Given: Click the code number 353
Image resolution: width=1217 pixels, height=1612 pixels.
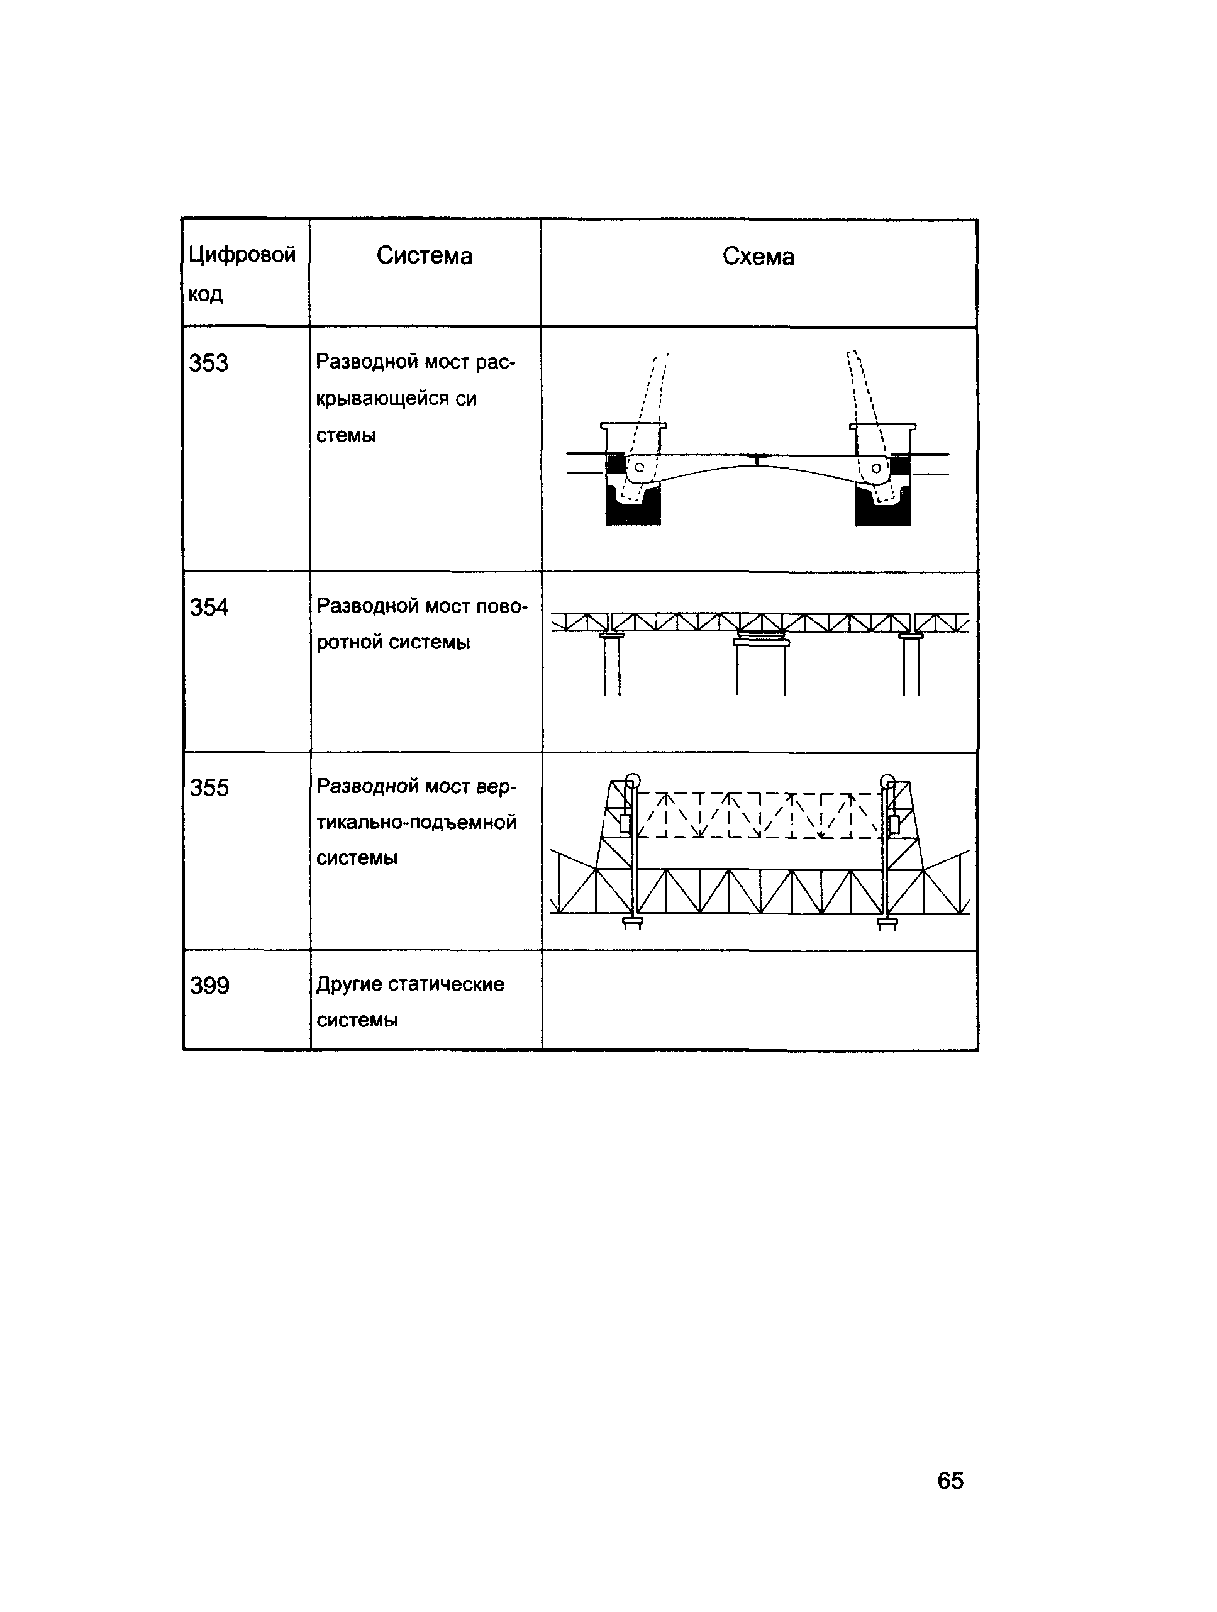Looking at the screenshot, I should [x=208, y=363].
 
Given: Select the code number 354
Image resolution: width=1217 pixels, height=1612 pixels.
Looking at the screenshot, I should [x=209, y=607].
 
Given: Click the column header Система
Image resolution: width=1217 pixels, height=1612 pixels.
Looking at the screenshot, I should [x=424, y=256].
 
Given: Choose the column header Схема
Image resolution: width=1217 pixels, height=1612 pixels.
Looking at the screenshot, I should [x=758, y=257].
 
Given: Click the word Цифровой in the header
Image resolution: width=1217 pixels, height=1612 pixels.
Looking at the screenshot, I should [x=242, y=254].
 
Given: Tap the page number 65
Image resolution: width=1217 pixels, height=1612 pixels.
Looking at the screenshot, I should [x=950, y=1481].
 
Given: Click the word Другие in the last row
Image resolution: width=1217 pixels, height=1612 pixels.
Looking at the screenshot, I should [x=349, y=984].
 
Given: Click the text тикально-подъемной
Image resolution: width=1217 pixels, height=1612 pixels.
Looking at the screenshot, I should [x=416, y=823].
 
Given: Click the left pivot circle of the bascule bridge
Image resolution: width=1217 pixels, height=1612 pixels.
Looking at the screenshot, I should [x=639, y=468].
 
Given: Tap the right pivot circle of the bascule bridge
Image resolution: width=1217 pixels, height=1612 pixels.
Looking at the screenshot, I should [x=876, y=469].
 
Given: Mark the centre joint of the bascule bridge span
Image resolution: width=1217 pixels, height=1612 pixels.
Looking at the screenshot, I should [x=758, y=460].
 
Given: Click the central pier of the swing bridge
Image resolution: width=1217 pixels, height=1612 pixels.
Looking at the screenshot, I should [x=761, y=667].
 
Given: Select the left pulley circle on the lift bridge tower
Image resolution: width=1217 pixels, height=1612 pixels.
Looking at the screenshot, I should [x=633, y=781].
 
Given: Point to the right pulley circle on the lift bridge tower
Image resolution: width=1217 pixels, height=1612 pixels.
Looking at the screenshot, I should [x=887, y=781].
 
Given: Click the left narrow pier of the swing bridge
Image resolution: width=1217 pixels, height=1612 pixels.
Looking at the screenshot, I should [x=612, y=665].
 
